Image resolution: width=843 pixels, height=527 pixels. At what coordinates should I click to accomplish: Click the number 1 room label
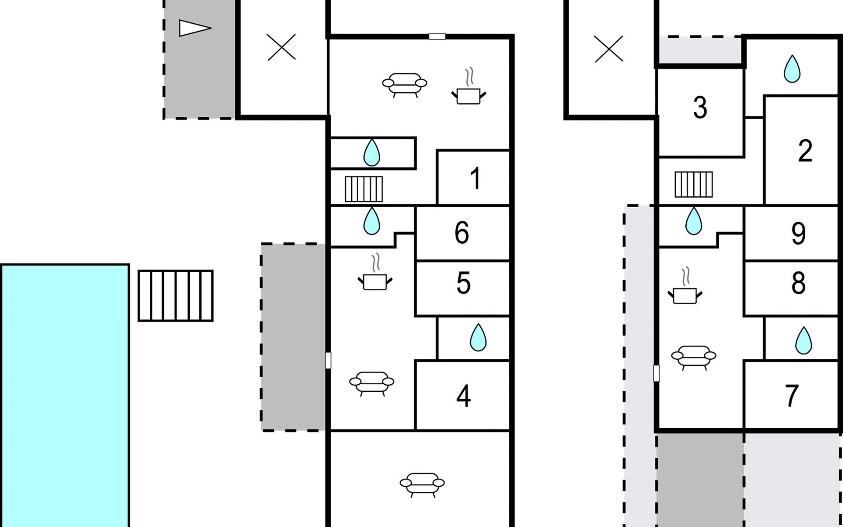coord(475,178)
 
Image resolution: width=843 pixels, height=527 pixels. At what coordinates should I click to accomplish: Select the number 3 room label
coord(700,108)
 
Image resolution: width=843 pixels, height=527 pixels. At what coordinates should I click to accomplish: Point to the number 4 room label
coord(464,396)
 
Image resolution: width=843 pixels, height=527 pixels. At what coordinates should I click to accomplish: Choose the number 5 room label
coord(464,283)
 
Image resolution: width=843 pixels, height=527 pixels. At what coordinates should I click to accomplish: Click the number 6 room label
coord(462,233)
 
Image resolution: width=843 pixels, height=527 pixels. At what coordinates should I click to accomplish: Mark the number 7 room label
coord(791,396)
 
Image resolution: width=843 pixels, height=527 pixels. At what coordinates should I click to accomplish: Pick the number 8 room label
coord(798,283)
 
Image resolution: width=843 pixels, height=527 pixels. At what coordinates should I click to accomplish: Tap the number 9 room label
coord(798,234)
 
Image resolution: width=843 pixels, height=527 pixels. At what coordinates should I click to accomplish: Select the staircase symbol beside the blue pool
coord(176,296)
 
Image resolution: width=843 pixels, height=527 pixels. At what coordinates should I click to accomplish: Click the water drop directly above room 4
coord(478,337)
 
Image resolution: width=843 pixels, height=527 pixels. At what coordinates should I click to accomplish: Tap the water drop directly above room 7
coord(803,340)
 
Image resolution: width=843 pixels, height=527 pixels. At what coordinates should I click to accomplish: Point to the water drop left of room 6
coord(371,220)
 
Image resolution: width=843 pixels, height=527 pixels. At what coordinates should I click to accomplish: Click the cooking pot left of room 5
coord(375,272)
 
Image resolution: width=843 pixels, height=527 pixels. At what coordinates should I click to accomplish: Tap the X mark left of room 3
coord(609,48)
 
